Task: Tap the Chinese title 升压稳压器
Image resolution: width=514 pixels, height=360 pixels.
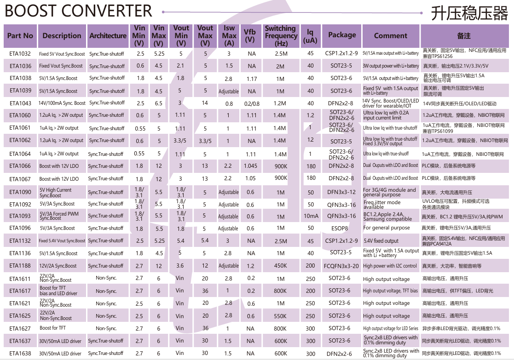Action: click(x=469, y=13)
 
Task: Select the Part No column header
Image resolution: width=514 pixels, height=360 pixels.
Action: click(x=20, y=36)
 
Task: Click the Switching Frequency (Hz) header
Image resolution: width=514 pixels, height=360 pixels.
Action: click(x=281, y=36)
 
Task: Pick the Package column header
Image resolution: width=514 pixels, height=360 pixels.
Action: click(x=342, y=35)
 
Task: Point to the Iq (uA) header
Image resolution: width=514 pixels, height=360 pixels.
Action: click(x=310, y=36)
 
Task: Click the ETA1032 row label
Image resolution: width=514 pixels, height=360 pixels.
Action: click(x=20, y=53)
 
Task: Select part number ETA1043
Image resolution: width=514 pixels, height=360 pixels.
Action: click(x=20, y=103)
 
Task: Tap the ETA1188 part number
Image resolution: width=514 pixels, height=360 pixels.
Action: click(x=20, y=266)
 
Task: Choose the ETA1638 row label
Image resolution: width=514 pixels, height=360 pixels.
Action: click(x=20, y=354)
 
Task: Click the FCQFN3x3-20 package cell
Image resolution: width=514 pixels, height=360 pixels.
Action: click(x=341, y=266)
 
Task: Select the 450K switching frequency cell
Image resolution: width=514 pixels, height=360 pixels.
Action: click(x=280, y=266)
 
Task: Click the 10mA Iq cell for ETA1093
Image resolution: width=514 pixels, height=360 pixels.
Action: click(x=311, y=216)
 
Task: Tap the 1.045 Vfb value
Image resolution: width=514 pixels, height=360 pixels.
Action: click(x=250, y=166)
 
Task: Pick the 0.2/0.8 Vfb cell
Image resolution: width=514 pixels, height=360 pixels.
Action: click(x=252, y=104)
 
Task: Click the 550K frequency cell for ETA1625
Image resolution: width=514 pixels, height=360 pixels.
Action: click(x=280, y=316)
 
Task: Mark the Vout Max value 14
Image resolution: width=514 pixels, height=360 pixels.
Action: click(x=205, y=103)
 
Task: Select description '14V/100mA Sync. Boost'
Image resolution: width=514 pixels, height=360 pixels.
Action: click(x=62, y=103)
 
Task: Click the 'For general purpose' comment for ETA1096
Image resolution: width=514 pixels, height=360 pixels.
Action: click(x=386, y=228)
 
